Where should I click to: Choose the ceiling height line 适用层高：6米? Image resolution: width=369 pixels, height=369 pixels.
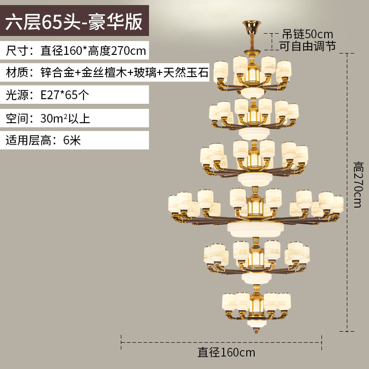[x=43, y=140]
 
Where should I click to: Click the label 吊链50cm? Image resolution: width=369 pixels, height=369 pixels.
[x=308, y=34]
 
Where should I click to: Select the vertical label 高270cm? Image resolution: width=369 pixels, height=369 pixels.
[x=357, y=184]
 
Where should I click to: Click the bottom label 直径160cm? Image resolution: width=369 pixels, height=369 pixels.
[x=226, y=353]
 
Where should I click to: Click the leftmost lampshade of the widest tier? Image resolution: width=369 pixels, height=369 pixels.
[x=174, y=203]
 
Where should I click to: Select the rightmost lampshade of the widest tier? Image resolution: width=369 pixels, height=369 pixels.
[x=337, y=204]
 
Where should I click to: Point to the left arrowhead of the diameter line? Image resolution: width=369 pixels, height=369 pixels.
[x=122, y=342]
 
